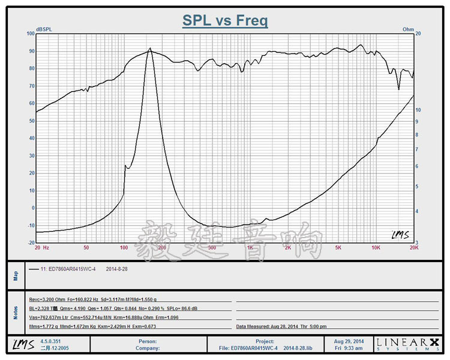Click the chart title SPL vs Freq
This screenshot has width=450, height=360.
(225, 21)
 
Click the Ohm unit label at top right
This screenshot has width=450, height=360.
(408, 29)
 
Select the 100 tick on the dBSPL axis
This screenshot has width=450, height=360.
(31, 34)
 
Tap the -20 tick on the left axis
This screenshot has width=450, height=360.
(31, 242)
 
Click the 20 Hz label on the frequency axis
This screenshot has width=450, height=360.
(41, 247)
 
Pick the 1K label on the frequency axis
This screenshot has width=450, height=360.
(250, 247)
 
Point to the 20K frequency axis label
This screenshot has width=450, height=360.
(413, 247)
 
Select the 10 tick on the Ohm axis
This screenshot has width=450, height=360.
(418, 110)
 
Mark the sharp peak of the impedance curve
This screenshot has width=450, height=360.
(150, 49)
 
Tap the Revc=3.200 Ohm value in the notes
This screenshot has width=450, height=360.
(47, 299)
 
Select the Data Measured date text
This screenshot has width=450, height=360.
(282, 326)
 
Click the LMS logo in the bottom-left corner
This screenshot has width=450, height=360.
(21, 344)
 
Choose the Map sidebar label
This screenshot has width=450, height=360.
(16, 276)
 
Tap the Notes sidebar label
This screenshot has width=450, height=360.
(16, 313)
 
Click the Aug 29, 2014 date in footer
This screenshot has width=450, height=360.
(350, 340)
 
